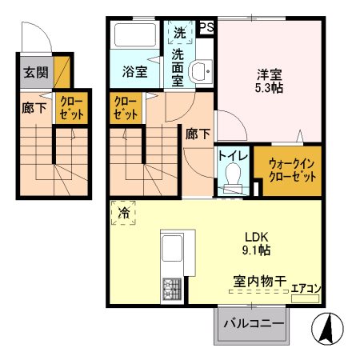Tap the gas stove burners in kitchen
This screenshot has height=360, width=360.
tap(173, 289)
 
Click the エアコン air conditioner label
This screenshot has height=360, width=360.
tap(306, 288)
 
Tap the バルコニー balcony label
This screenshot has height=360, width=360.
tap(254, 325)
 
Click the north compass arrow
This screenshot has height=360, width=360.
tap(326, 329)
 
